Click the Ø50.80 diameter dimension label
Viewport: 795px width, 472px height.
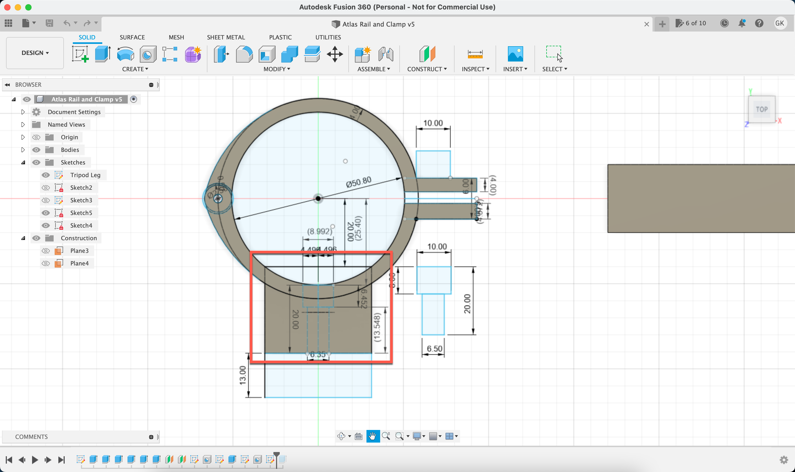coord(359,182)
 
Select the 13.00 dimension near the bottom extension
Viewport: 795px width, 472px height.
coord(243,375)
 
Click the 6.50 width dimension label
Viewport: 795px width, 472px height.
coord(434,348)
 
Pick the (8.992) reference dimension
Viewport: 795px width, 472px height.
coord(319,231)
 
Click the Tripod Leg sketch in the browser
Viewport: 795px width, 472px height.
coord(85,175)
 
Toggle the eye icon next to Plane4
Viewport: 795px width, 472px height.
coord(46,263)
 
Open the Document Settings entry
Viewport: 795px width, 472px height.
coord(74,112)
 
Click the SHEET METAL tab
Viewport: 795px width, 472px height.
coord(226,37)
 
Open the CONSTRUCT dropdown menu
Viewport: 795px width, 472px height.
coord(427,69)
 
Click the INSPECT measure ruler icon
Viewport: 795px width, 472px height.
coord(475,54)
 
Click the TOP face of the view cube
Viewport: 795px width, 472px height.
coord(762,109)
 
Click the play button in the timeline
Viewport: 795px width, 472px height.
coord(35,460)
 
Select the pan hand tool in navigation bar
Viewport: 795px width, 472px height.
coord(373,436)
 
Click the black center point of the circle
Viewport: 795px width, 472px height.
coord(318,199)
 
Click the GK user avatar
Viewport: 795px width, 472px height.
coord(780,23)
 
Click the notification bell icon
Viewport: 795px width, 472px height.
coord(742,23)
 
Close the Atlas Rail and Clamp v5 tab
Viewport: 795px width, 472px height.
coord(646,24)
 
